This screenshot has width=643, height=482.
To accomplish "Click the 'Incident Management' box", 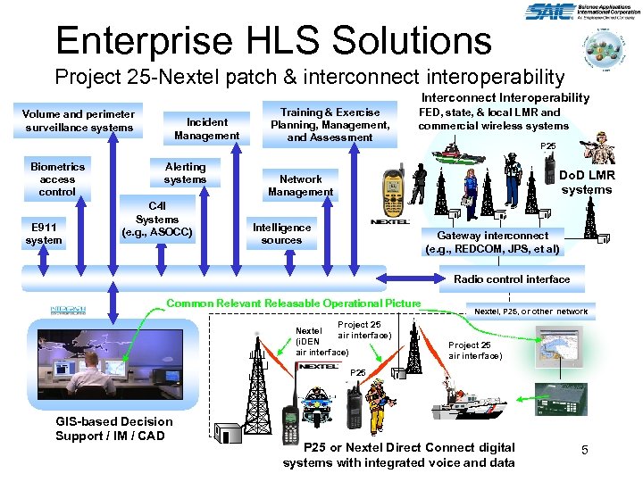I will point(206,129).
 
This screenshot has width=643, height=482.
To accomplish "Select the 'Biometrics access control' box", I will point(57,179).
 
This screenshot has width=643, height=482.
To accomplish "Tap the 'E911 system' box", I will point(44,233).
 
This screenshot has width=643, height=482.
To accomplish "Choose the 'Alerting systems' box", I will point(185,173).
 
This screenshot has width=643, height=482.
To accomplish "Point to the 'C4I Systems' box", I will point(157,220).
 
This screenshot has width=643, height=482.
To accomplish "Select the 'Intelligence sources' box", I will point(281,234).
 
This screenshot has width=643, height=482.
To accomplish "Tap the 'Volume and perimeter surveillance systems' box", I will point(79,120).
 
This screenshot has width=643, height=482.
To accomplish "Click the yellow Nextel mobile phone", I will point(392,189).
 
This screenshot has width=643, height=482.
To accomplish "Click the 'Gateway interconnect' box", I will point(493,243).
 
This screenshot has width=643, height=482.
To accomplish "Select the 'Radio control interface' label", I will point(512,279).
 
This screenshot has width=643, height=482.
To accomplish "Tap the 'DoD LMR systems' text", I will point(587,183).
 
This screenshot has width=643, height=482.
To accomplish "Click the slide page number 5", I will point(584,451).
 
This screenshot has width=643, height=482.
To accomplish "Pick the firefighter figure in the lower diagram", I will point(380,395).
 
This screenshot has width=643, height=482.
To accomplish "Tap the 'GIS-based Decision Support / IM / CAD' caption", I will point(113,428).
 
